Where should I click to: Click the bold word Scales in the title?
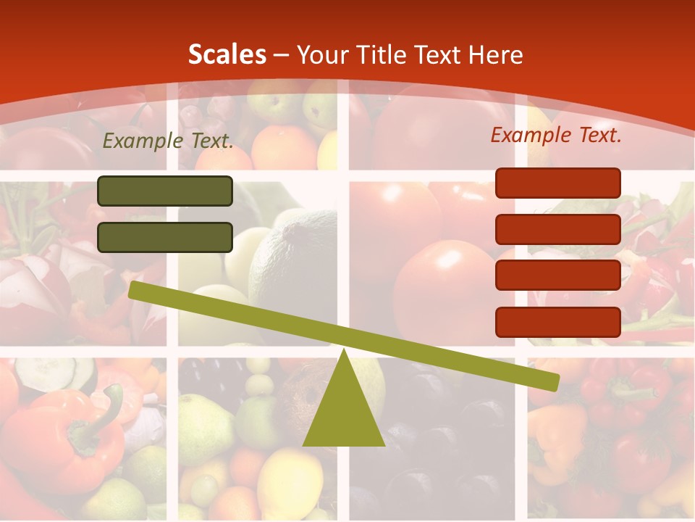point(227,54)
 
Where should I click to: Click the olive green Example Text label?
point(168,141)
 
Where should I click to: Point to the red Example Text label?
point(556,135)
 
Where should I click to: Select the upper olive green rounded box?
point(165,191)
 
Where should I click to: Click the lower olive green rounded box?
point(165,237)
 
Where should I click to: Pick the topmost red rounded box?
point(557,183)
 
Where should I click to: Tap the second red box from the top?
point(557,229)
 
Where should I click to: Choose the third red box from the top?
point(557,275)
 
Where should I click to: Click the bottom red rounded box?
point(557,322)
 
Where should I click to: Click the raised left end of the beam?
point(135,290)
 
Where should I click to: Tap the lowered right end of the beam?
point(553,381)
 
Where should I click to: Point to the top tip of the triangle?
point(343,352)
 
